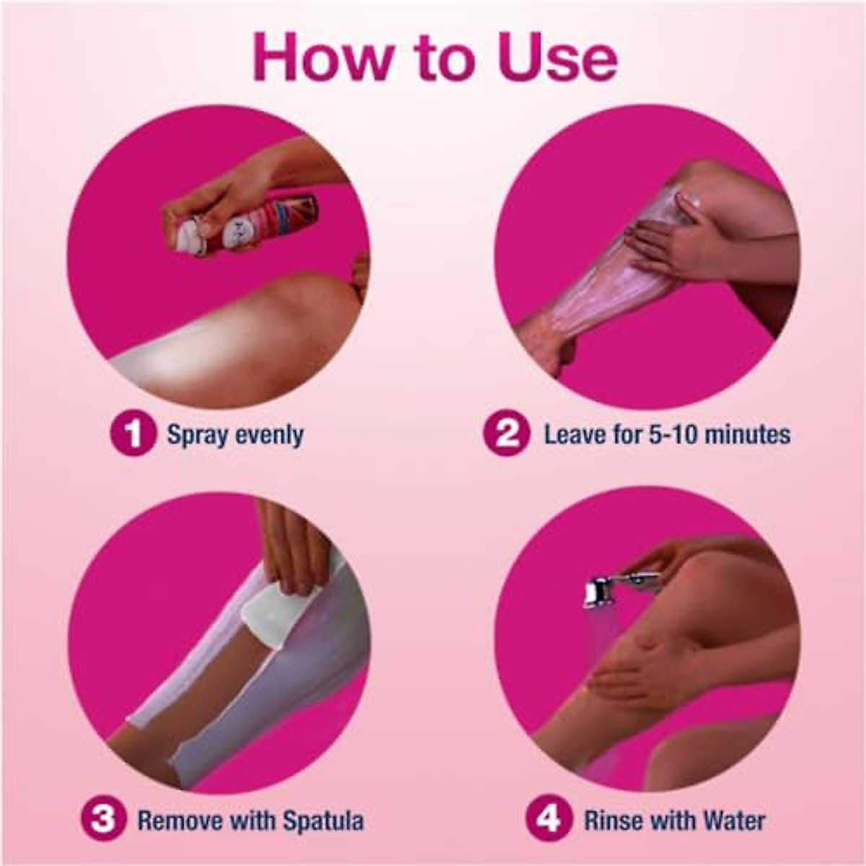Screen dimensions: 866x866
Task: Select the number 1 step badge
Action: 133,434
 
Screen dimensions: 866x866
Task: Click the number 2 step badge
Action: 508,434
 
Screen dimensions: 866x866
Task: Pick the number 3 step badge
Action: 103,821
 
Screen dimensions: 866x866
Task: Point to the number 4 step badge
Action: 549,821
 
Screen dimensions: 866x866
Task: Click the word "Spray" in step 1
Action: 196,435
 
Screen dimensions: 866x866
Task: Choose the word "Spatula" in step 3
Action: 323,821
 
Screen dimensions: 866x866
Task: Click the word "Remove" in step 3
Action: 180,821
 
